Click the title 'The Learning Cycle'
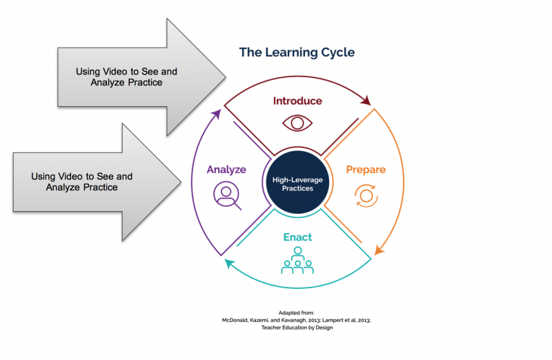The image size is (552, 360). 297,52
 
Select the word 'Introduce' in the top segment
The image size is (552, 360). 297,101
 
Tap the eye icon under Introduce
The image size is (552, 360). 297,123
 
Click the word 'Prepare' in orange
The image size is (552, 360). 365,169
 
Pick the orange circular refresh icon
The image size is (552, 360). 366,196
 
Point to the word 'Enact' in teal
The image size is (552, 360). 297,237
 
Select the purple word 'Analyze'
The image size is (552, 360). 226,169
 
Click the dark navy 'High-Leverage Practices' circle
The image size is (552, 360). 297,183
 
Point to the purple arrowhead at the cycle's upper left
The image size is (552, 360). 217,114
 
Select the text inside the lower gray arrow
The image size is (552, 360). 82,182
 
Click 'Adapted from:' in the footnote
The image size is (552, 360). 297,312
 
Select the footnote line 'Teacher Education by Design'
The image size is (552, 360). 297,328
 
